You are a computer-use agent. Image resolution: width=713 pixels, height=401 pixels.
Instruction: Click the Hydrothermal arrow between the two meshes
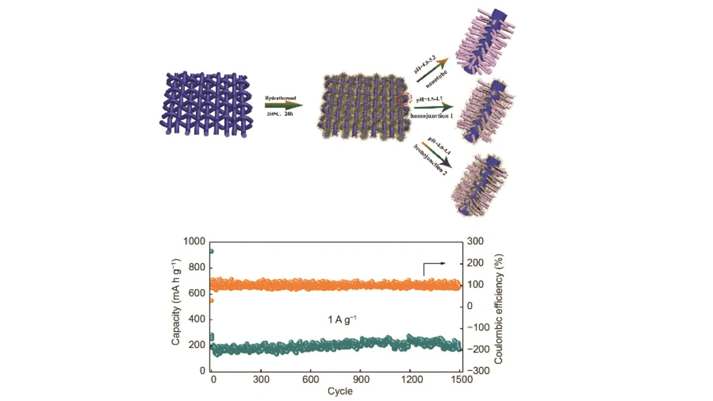coord(284,105)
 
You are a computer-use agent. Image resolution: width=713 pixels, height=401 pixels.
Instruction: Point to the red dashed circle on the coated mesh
coord(405,99)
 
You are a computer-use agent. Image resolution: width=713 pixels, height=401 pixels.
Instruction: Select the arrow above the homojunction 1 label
coord(431,106)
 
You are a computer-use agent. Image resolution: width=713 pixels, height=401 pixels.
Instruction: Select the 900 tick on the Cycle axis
coord(360,380)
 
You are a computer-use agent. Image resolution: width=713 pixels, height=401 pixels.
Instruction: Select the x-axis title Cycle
coord(340,391)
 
